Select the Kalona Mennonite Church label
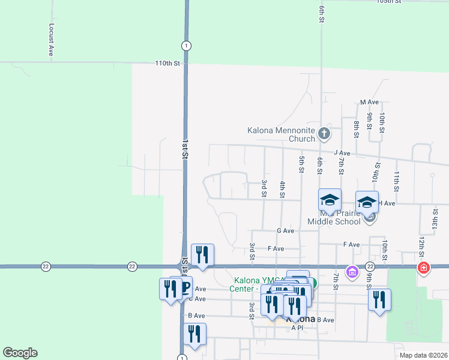[x=281, y=134]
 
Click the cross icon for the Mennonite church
[x=324, y=133]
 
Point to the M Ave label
[x=369, y=103]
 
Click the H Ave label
[x=389, y=203]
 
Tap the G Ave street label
[x=285, y=230]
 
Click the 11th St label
[x=397, y=178]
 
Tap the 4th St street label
[x=282, y=188]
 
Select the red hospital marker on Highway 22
[x=424, y=267]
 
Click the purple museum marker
[x=352, y=274]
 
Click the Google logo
[x=20, y=353]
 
